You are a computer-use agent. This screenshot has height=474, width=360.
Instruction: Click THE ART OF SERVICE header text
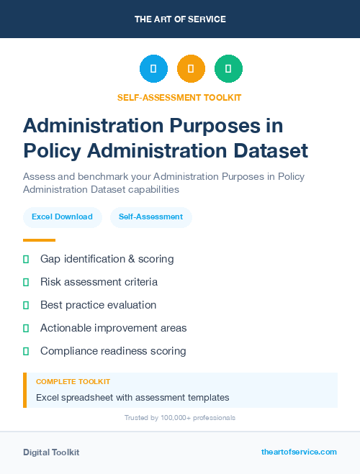point(180,19)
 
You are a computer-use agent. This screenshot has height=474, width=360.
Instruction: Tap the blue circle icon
point(153,69)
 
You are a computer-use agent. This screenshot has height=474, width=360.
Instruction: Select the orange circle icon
point(191,69)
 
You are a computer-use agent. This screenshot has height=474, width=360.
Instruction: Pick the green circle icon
point(228,69)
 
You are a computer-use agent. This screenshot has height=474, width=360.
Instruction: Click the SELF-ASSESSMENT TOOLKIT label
point(179,97)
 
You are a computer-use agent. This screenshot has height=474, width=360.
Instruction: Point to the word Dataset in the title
point(265,150)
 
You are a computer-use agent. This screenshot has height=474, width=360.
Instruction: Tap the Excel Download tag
point(62,217)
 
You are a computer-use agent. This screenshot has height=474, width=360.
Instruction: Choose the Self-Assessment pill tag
point(150,217)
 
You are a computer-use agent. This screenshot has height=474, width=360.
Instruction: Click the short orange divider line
point(39,240)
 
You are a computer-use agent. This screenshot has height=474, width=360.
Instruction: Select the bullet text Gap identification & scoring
point(107,258)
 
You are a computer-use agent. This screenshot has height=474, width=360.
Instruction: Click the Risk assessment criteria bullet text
point(99,281)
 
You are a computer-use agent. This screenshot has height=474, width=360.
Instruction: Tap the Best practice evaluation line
point(98,304)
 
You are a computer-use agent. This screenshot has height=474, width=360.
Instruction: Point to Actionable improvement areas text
point(113,328)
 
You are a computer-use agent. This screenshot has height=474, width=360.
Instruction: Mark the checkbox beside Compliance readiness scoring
point(26,351)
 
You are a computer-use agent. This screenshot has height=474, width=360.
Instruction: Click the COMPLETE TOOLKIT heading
point(73,382)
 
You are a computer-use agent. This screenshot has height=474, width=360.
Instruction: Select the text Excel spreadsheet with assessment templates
point(132,397)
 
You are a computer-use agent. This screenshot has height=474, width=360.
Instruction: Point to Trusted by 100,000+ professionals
point(179,418)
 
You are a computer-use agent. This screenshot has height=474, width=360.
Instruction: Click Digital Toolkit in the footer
point(51,452)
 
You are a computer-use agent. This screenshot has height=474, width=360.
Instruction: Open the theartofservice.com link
point(299,452)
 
